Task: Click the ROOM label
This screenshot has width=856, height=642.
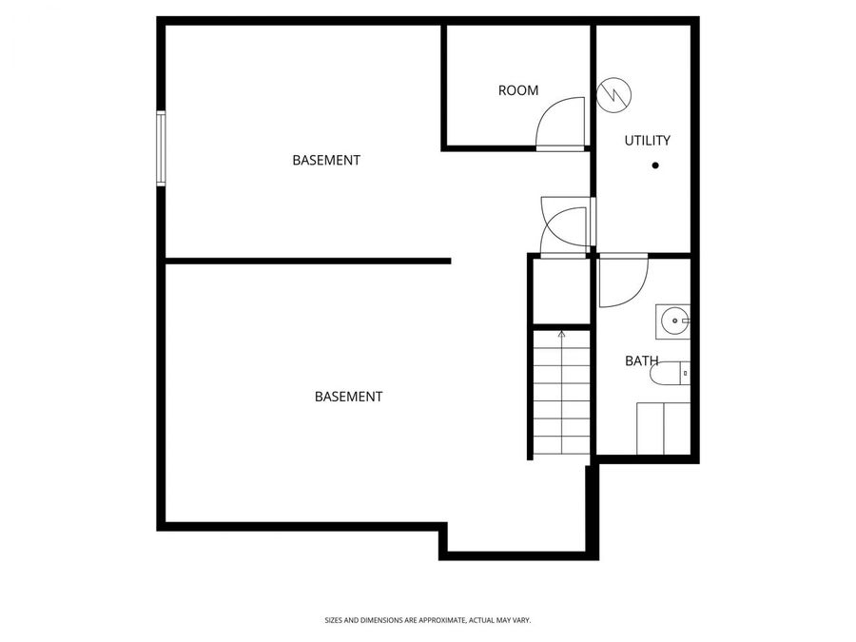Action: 518,90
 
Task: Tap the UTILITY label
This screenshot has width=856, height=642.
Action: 647,141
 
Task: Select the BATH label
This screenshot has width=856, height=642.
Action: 642,361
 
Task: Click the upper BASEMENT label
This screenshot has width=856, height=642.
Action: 326,161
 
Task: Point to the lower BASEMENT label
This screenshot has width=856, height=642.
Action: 348,397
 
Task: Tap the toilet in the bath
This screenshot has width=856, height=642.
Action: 669,375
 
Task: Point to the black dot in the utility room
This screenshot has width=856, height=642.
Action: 655,165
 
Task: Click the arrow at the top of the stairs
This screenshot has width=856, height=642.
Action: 561,334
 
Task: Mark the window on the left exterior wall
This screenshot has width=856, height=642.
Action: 161,146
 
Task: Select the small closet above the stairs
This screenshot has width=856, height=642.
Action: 561,290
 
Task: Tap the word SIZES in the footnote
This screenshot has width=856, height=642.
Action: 334,620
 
